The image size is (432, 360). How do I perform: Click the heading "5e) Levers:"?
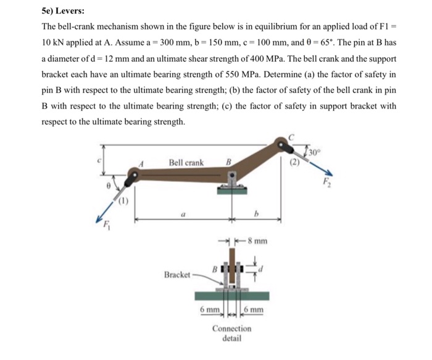click(63, 11)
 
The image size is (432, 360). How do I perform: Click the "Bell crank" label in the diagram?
click(186, 163)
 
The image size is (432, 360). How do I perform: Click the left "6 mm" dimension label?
click(210, 309)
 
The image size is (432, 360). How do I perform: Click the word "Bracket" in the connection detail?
click(177, 274)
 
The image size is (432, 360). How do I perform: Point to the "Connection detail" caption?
click(231, 333)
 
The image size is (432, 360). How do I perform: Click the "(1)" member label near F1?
click(122, 198)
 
